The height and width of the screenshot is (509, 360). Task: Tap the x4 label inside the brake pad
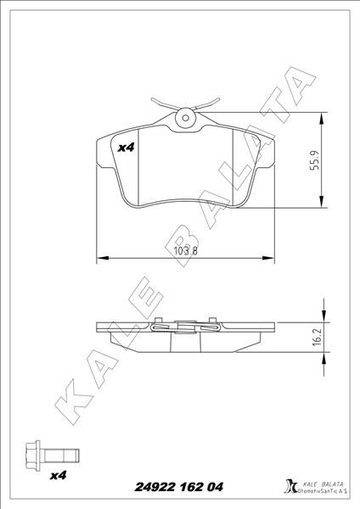pyautogui.click(x=126, y=148)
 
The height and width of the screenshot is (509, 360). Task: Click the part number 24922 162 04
pyautogui.click(x=179, y=486)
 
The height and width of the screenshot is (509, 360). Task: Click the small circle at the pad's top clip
pyautogui.click(x=186, y=117)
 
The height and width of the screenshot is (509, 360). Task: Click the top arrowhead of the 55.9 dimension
pyautogui.click(x=321, y=117)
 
